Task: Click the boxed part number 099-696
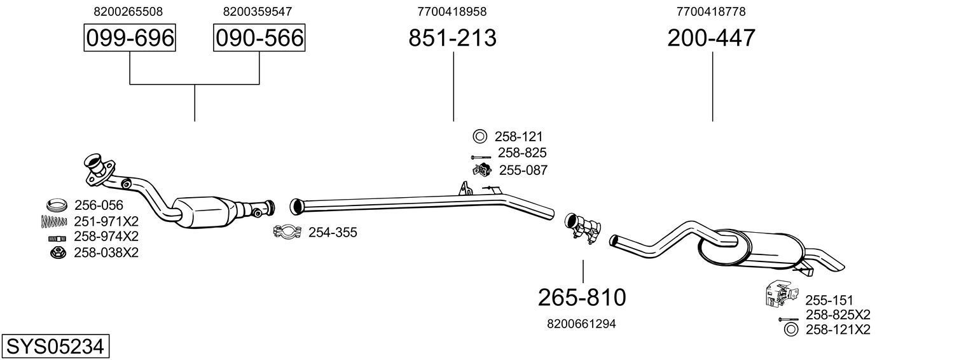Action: [130, 38]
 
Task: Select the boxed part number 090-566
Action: [259, 38]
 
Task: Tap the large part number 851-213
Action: [452, 38]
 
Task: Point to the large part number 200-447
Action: [712, 38]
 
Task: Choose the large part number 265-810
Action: [582, 297]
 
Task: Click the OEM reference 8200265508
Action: [128, 11]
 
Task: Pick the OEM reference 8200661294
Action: [581, 324]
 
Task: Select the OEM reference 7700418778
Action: [711, 11]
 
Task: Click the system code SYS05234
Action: [55, 347]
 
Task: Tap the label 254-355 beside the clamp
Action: [333, 233]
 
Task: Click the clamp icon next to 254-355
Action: [287, 232]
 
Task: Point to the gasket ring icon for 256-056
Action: [57, 205]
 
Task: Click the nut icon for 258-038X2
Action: [57, 253]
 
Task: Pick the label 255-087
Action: [523, 170]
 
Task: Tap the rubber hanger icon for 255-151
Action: [780, 293]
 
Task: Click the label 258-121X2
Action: [838, 329]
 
